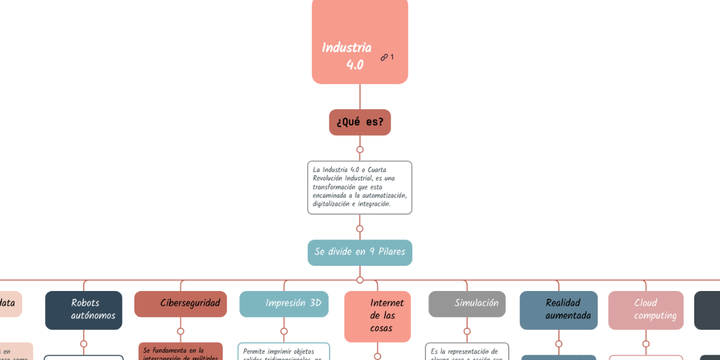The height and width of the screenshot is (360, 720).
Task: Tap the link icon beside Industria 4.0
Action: (384, 58)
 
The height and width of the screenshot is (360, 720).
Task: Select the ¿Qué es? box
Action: (359, 122)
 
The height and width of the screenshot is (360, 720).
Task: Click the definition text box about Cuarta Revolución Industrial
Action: (359, 187)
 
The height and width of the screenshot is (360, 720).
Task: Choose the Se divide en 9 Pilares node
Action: (359, 252)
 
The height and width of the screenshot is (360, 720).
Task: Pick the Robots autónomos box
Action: (83, 310)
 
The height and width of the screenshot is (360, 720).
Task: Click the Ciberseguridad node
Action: (181, 304)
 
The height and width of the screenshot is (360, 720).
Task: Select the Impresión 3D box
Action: (284, 304)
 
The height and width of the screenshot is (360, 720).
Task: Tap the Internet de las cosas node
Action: (377, 316)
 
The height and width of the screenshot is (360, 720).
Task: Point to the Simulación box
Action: (467, 304)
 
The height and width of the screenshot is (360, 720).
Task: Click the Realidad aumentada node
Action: (559, 310)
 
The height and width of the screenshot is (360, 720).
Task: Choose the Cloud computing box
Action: (646, 310)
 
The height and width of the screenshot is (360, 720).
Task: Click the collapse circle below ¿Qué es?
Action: (360, 149)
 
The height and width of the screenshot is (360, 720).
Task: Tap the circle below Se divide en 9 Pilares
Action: (360, 280)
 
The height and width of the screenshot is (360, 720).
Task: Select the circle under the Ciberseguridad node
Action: (181, 331)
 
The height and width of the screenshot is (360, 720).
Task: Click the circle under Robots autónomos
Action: (83, 344)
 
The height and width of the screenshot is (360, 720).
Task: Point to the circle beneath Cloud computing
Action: (646, 344)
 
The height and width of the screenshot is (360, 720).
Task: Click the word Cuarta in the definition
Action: (377, 170)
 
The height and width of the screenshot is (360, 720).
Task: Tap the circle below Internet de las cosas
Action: (377, 356)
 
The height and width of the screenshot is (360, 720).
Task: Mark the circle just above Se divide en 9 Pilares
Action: (360, 229)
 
